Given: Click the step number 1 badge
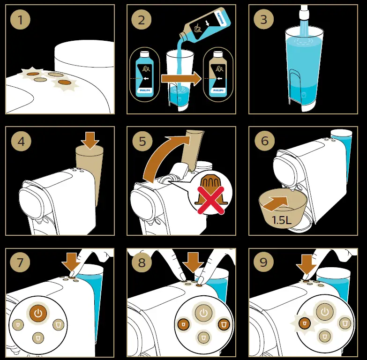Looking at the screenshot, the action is [20, 19].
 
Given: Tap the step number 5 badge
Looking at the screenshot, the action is [142, 141].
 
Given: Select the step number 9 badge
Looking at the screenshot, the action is [263, 262].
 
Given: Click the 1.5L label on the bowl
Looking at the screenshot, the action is [281, 220].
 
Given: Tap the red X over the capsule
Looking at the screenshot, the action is [210, 200].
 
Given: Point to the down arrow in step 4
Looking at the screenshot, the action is [90, 140].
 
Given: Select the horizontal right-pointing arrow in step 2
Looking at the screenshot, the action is [181, 79].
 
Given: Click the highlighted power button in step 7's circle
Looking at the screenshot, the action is [38, 313].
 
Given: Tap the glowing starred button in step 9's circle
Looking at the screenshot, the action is [305, 323].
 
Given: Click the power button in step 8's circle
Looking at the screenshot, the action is [203, 313].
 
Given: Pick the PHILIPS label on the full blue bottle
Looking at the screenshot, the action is [145, 90].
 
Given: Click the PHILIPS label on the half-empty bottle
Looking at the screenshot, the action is [218, 90].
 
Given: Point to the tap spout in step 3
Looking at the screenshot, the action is [304, 12].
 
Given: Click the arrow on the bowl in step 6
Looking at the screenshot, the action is [276, 202].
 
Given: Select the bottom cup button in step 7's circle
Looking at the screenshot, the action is [38, 338].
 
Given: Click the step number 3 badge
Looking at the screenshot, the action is [264, 19].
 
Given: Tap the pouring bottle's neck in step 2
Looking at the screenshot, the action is [184, 35].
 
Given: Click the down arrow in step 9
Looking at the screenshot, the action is [306, 264].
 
